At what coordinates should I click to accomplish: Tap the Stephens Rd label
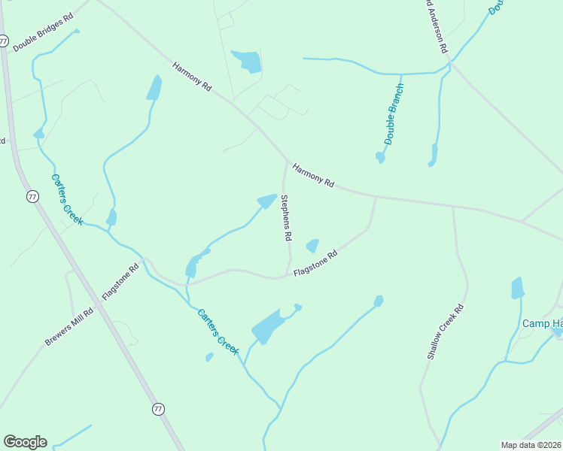tap(285, 217)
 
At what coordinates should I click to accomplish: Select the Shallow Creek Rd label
tap(445, 331)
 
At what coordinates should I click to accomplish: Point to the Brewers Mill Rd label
tap(68, 327)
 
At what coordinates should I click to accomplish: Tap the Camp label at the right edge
tap(542, 323)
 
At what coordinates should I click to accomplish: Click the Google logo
tap(25, 442)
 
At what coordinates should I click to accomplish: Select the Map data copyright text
tap(531, 445)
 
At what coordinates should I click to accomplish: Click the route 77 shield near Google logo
tap(157, 409)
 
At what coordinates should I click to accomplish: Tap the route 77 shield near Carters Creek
tap(32, 196)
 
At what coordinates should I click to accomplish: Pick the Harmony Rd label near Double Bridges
tap(192, 77)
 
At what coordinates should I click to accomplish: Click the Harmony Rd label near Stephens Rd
tap(313, 175)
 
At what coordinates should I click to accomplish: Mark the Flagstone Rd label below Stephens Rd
tap(315, 264)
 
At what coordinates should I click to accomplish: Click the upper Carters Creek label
tap(67, 200)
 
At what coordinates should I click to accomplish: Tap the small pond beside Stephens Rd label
tap(312, 246)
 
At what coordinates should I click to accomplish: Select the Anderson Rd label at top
tap(436, 26)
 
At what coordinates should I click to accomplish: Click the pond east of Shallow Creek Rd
tap(517, 288)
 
